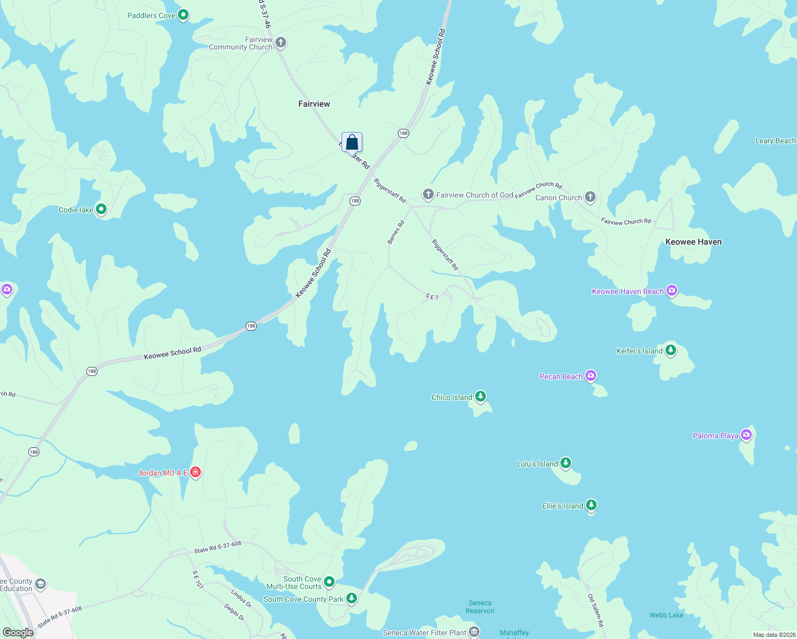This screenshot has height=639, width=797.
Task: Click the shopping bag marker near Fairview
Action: [352, 143]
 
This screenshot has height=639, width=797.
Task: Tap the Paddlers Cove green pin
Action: [183, 15]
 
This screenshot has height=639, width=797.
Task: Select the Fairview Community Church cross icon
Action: [281, 43]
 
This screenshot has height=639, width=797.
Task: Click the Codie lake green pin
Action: [101, 209]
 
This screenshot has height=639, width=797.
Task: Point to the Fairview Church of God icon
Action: [428, 194]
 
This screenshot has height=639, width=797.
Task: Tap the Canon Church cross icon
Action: [590, 197]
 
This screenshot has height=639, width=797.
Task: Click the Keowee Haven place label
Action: [693, 242]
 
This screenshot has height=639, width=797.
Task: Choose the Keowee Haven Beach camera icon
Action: [672, 291]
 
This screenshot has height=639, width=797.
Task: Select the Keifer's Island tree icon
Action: [671, 350]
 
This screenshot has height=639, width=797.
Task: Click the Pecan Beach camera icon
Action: [590, 376]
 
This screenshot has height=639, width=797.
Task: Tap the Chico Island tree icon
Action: [481, 397]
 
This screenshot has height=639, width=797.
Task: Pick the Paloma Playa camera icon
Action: [746, 435]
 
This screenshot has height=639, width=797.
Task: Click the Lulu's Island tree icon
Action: [566, 463]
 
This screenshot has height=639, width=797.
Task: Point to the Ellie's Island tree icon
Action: [591, 505]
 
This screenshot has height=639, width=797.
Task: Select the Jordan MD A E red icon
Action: [196, 472]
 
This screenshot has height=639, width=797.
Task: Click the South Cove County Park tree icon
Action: [352, 599]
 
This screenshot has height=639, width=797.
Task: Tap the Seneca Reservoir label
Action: [480, 607]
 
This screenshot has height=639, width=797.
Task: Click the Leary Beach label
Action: [775, 141]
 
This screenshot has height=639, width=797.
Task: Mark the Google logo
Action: [18, 632]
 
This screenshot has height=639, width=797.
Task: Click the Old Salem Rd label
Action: [595, 610]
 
